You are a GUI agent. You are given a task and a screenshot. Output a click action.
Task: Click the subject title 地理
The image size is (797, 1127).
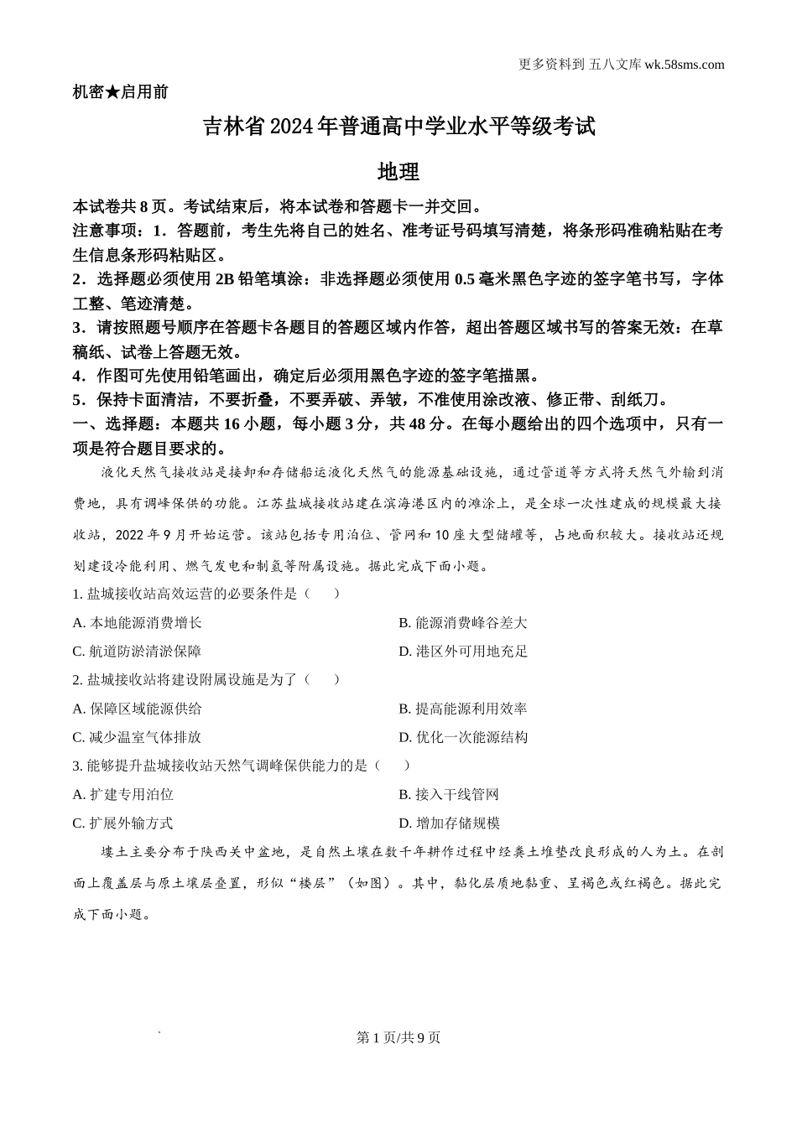pos(398,173)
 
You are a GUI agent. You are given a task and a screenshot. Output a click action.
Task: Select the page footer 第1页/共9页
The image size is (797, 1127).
pos(398,1037)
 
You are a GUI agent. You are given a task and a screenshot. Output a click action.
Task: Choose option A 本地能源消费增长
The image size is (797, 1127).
pos(138,623)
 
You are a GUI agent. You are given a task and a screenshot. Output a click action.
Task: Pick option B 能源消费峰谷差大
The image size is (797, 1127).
pos(463,623)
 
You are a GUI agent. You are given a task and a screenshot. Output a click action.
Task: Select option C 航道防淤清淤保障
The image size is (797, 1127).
pos(138,652)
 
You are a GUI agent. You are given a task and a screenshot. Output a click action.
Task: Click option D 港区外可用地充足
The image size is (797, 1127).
pos(463,652)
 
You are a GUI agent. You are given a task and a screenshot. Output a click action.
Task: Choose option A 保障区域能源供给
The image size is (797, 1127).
pos(138,709)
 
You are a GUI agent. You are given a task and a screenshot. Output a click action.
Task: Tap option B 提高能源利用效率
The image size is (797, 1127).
pos(463,709)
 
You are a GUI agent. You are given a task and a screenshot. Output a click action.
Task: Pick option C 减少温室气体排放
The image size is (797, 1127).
pos(138,737)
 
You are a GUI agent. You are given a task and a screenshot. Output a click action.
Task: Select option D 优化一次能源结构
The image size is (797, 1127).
pos(463,737)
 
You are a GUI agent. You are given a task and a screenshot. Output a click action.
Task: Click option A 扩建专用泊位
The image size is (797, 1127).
pos(123,794)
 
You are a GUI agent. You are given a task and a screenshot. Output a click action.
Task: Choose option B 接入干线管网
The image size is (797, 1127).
pos(449,794)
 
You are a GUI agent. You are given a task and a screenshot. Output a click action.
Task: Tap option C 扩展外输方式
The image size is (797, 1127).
pos(123,823)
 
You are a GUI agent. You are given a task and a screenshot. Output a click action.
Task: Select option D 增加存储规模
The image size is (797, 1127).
pos(449,823)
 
